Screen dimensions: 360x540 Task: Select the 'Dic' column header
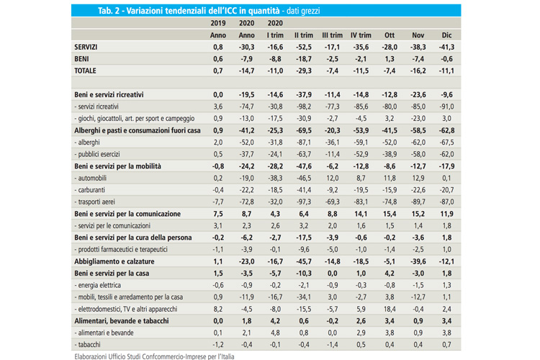(448, 35)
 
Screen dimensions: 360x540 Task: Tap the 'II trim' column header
(304, 35)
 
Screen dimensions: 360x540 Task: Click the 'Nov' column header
(418, 35)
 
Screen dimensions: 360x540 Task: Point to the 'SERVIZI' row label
(86, 47)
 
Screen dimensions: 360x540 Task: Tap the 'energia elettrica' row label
(102, 285)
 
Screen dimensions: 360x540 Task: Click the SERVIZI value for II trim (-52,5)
(303, 47)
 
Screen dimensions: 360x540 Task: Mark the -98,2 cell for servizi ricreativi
(303, 107)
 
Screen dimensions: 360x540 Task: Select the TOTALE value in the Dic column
(447, 71)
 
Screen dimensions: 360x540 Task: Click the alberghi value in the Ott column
(390, 143)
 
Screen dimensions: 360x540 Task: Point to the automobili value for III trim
(332, 178)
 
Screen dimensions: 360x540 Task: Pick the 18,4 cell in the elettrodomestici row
(390, 309)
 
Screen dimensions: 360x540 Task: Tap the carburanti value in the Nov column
(418, 190)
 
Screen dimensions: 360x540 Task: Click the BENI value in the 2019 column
(218, 59)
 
